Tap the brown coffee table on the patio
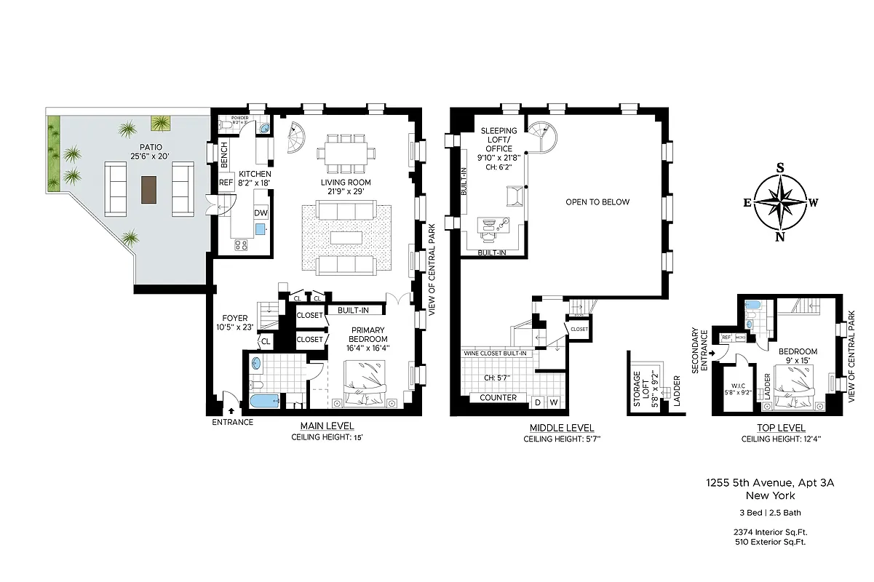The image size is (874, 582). pyautogui.click(x=149, y=189)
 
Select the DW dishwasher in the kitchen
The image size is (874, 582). pyautogui.click(x=260, y=213)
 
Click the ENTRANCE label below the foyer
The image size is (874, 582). pyautogui.click(x=233, y=422)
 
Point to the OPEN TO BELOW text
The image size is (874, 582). pyautogui.click(x=597, y=202)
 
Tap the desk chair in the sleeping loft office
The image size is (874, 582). pyautogui.click(x=487, y=231)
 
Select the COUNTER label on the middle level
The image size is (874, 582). pyautogui.click(x=498, y=398)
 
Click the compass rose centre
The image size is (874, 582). pyautogui.click(x=780, y=202)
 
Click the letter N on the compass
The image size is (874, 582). pyautogui.click(x=780, y=236)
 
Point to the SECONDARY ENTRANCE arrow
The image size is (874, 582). pyautogui.click(x=712, y=354)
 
